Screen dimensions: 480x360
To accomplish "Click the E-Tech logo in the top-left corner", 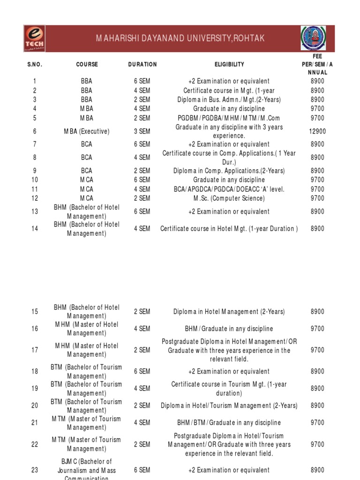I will point(35,39).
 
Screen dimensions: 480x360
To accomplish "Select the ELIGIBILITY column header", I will point(229,64).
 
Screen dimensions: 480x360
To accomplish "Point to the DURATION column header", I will point(142,64).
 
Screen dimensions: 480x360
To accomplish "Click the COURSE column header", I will point(87,64).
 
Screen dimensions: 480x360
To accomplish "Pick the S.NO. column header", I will point(35,64).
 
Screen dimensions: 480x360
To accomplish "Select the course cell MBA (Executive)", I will point(87,132).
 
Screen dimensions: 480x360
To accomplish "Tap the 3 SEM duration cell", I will point(142,132).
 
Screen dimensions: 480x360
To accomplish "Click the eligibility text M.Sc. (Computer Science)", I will point(229,198).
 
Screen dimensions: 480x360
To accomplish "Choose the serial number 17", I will point(35,350).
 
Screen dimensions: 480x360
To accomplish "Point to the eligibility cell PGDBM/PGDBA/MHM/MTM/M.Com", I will point(229,118).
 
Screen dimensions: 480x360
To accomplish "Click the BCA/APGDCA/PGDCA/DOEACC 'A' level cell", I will point(229,189).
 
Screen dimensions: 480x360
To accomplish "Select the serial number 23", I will point(35,470).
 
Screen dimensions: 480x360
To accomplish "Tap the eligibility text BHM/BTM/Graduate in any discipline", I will point(229,423).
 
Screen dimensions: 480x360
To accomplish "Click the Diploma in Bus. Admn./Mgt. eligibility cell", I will point(229,99).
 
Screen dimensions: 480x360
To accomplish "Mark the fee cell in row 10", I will point(317,180).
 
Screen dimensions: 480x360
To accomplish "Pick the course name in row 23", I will point(87,470).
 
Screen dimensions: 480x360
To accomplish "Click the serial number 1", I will point(35,81).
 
